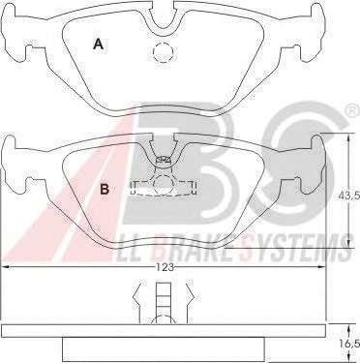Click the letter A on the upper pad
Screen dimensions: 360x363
[98, 44]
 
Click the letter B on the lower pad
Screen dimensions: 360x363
[105, 189]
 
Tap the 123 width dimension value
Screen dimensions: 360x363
[165, 267]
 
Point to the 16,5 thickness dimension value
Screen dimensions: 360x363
[352, 343]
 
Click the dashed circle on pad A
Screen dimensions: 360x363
[164, 52]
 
